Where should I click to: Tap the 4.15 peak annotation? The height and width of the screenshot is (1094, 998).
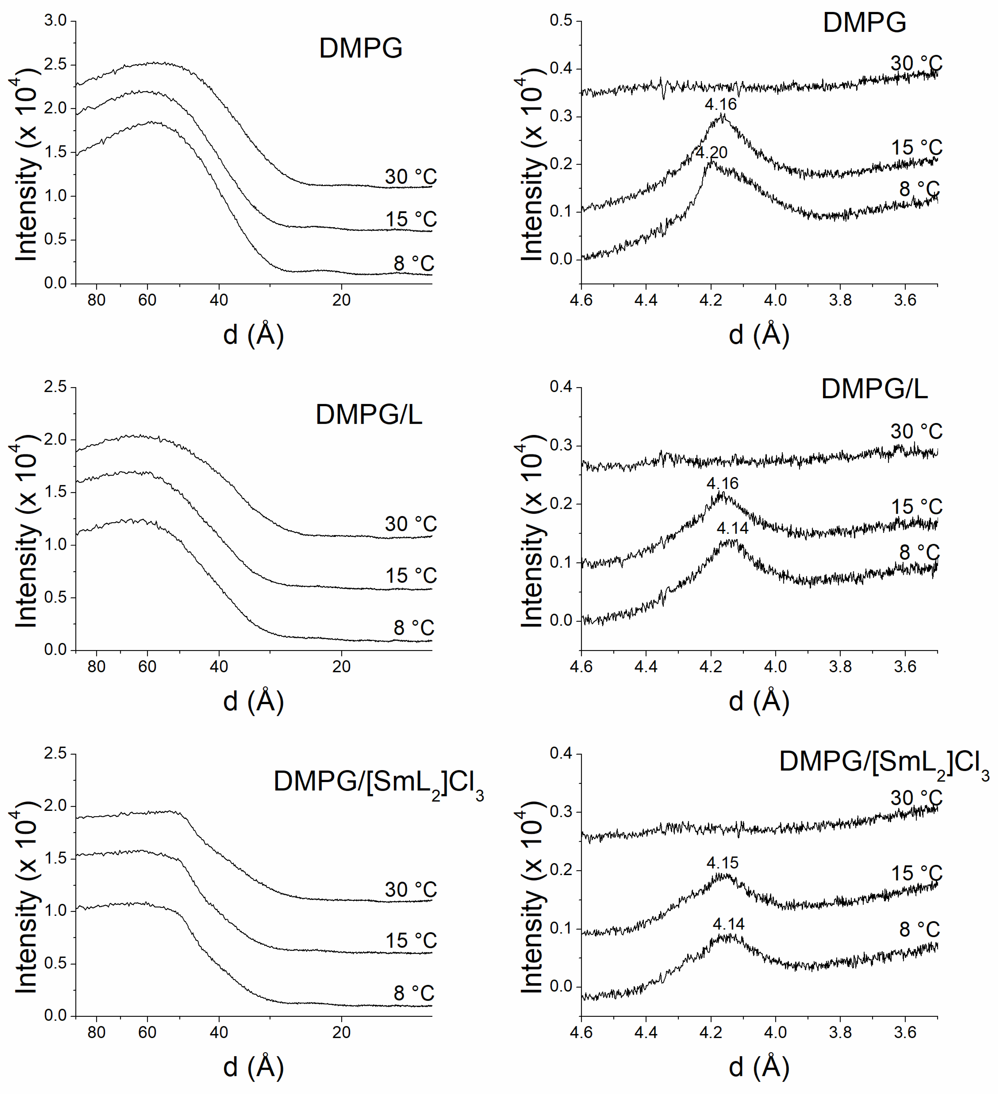coord(722,862)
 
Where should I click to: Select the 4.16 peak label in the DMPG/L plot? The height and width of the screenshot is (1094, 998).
coord(722,483)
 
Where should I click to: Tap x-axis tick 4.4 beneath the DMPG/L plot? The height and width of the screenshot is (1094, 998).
coord(646,666)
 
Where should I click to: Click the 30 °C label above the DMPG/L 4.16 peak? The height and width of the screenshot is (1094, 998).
coord(916,431)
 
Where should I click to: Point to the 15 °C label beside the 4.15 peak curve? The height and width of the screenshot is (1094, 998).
coord(916,873)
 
